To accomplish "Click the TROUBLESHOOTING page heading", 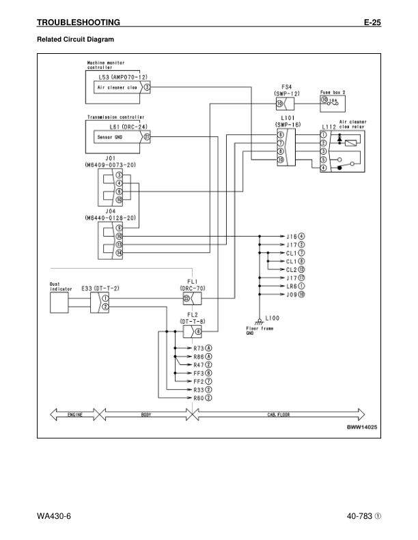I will coord(79,22).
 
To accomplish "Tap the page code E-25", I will coord(372,22).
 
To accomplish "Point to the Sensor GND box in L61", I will coord(109,136).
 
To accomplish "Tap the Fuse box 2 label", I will coord(333,91).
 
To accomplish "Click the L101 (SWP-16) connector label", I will coord(287,121).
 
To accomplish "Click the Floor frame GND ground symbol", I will coord(259,320).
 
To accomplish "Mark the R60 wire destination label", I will coord(201,397).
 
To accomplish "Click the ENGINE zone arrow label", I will coord(74,413).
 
